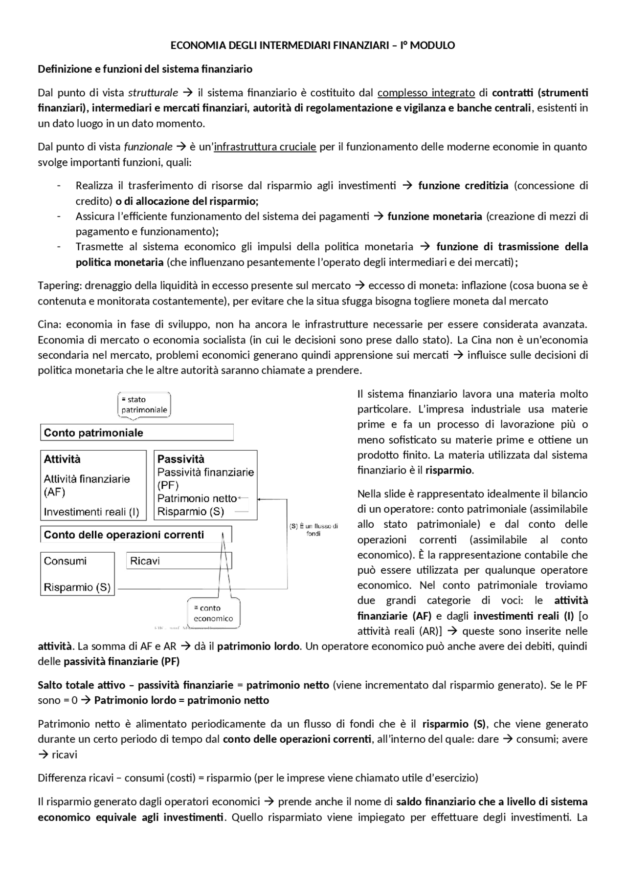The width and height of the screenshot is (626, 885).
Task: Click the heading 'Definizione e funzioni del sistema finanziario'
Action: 145,69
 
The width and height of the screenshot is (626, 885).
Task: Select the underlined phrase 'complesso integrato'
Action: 426,93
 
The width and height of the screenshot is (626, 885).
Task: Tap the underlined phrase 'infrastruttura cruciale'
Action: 265,147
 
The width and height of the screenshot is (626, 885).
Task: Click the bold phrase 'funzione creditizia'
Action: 463,186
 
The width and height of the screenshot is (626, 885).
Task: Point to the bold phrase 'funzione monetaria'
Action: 435,216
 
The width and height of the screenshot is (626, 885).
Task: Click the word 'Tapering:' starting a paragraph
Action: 56,285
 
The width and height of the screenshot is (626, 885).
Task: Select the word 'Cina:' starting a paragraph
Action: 49,324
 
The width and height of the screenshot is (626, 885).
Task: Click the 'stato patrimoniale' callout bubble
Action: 144,405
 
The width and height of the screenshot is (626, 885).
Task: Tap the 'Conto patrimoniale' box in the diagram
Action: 136,432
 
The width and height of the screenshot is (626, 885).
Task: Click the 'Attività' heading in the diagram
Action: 62,459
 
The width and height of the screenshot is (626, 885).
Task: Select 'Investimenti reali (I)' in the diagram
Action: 91,512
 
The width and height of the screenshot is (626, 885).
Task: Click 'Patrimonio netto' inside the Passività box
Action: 197,498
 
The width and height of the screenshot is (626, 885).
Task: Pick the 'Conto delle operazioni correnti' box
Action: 135,535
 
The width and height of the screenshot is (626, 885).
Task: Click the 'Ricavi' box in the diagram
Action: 179,561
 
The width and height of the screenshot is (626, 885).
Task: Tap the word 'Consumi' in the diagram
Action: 65,561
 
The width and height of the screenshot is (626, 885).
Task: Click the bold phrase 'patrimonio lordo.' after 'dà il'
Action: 258,647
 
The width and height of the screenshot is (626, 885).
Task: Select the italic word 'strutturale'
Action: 153,93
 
